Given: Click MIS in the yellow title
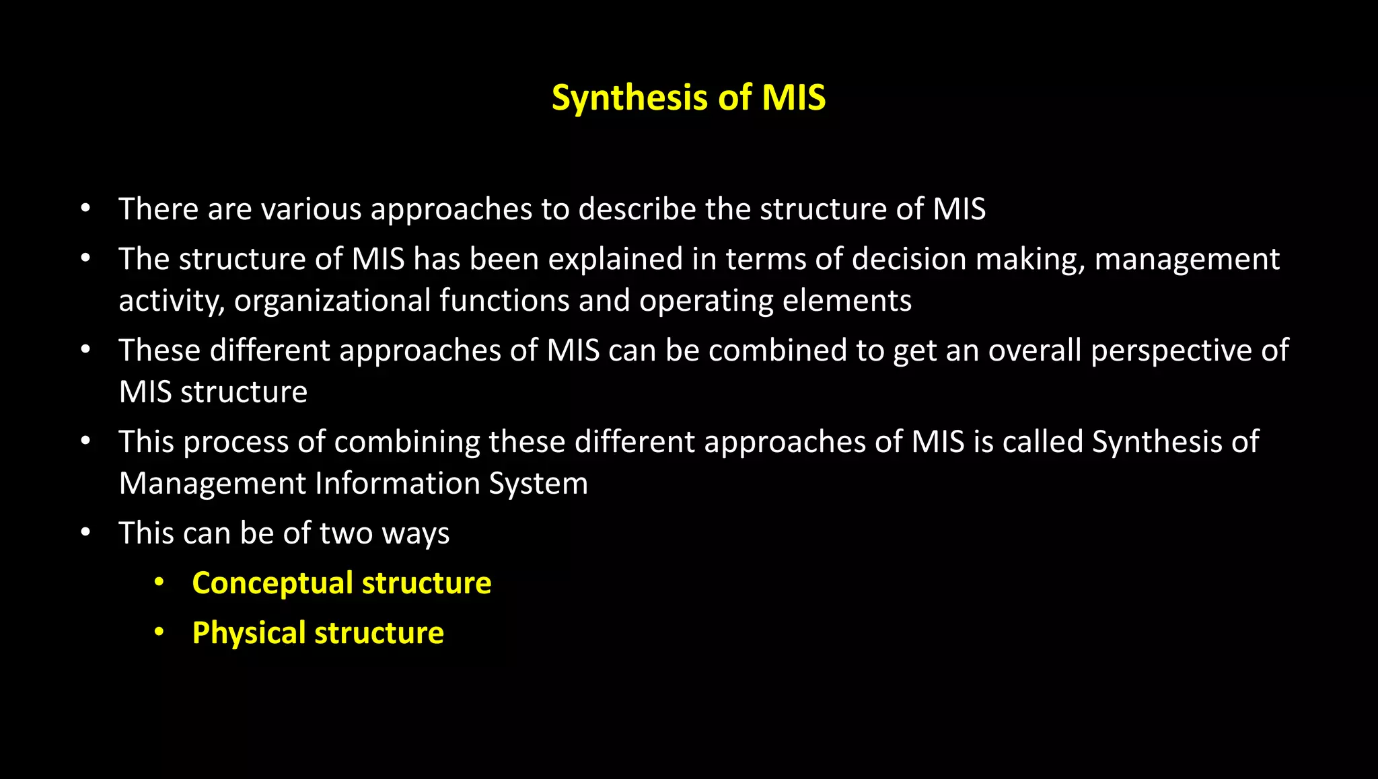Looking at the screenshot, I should (x=793, y=98).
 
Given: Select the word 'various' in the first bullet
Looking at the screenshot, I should (x=312, y=209).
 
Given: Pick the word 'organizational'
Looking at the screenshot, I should (x=332, y=301).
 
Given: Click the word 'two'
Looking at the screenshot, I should (x=346, y=533).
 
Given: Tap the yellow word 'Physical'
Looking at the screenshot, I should (x=249, y=633).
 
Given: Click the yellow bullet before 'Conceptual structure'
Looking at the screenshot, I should (x=159, y=582).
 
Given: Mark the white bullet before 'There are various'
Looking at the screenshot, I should (x=85, y=209).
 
